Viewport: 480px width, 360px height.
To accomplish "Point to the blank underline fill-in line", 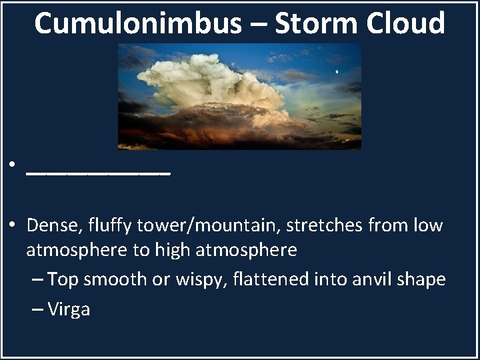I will click(x=99, y=173).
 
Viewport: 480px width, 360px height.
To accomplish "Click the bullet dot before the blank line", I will click(x=13, y=165).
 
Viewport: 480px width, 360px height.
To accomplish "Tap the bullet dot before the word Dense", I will click(x=13, y=225).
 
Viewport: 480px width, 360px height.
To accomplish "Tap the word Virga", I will click(x=69, y=310).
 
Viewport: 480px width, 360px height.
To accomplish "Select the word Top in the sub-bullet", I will click(x=63, y=280).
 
